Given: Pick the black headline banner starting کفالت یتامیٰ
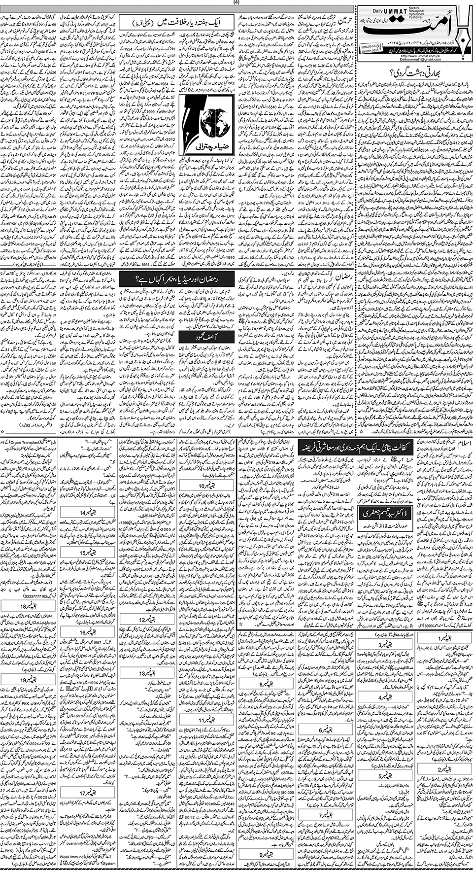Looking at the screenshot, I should [354, 448].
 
